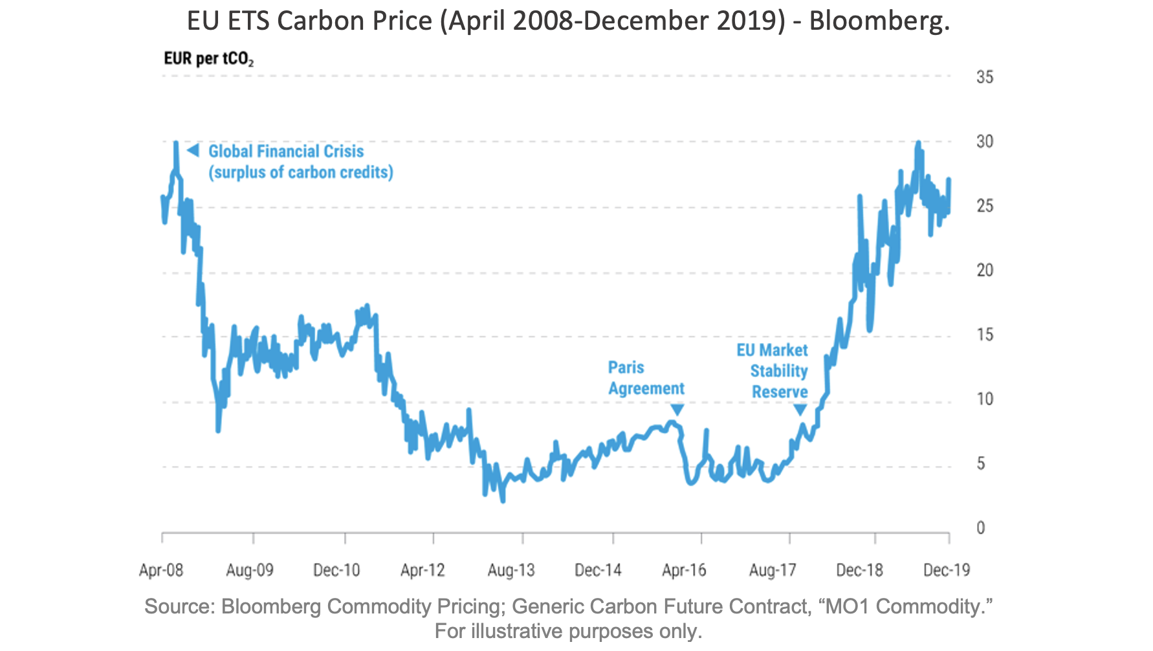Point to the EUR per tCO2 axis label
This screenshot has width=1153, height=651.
[208, 59]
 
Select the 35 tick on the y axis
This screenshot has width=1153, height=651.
[984, 77]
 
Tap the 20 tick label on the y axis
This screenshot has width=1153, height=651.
[984, 270]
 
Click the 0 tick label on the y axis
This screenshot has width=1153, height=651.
[980, 528]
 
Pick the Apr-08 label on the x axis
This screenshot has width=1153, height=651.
[161, 570]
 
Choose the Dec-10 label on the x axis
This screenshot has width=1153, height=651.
[336, 570]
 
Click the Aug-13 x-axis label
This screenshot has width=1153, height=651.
[511, 570]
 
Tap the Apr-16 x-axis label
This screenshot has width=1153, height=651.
[684, 570]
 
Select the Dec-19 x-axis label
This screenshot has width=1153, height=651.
[947, 570]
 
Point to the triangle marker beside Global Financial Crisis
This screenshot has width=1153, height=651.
[193, 151]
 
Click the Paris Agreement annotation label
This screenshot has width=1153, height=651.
[646, 378]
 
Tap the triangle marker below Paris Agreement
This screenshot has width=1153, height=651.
[677, 410]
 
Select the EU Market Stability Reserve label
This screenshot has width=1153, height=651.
[773, 371]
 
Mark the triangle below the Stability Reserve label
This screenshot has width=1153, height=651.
[800, 410]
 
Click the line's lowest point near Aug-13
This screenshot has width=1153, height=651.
[503, 500]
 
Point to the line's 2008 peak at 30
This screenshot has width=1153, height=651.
[175, 143]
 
